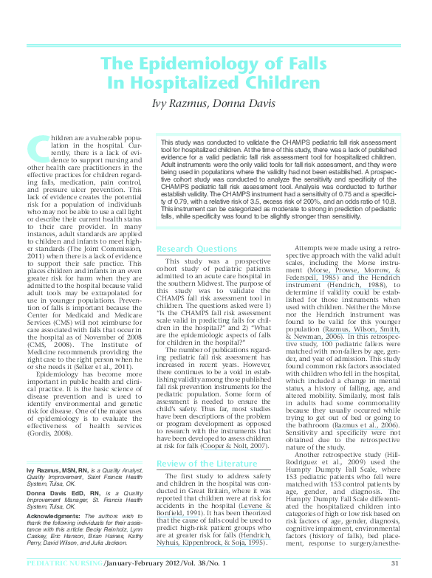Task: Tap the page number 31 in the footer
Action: coord(395,563)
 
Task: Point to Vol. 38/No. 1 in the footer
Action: coord(209,563)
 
